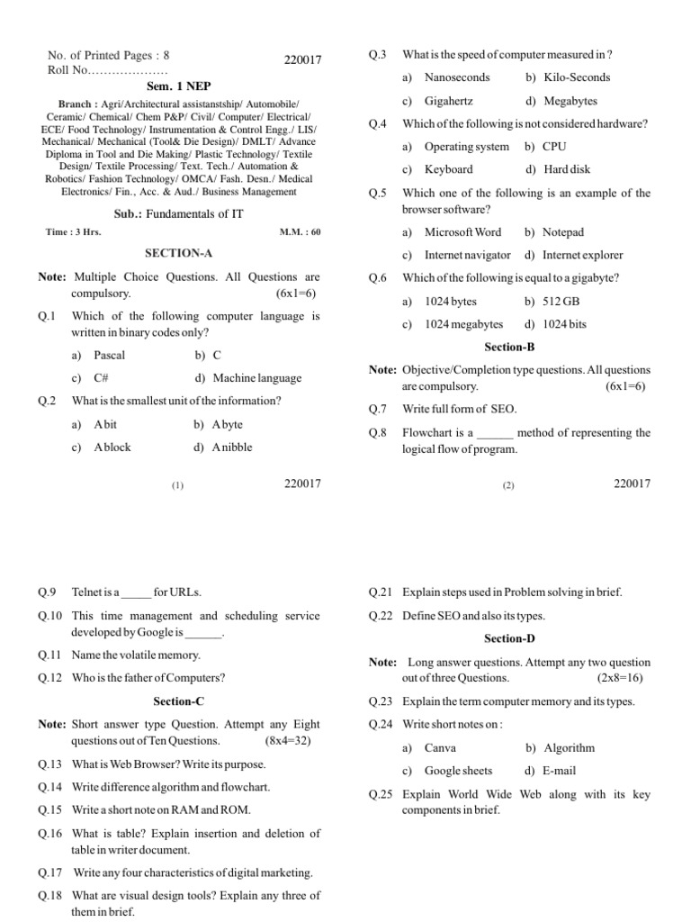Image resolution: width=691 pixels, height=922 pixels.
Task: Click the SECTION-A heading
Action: pos(178,254)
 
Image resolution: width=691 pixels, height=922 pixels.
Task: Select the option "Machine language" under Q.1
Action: pos(256,378)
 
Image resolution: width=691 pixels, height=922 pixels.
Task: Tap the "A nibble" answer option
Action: pos(232,447)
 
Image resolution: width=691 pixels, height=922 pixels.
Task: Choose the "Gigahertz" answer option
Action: pos(448,101)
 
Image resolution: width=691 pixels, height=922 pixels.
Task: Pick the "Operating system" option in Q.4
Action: pos(466,146)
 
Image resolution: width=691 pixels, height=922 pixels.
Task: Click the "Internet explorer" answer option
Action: pos(582,255)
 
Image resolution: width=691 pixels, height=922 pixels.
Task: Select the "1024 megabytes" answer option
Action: pos(463,324)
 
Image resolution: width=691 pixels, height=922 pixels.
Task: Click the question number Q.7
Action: pos(378,409)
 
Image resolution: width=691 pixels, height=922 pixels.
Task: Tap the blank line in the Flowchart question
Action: pos(494,433)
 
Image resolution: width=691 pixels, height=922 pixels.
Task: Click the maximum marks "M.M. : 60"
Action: pos(300,231)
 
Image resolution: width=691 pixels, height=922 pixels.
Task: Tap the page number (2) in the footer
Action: pos(508,485)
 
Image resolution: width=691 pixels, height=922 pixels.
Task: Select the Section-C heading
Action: pos(178,701)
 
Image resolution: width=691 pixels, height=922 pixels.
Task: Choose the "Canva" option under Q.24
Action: pos(440,747)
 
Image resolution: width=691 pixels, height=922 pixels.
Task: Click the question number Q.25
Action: pos(381,795)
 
